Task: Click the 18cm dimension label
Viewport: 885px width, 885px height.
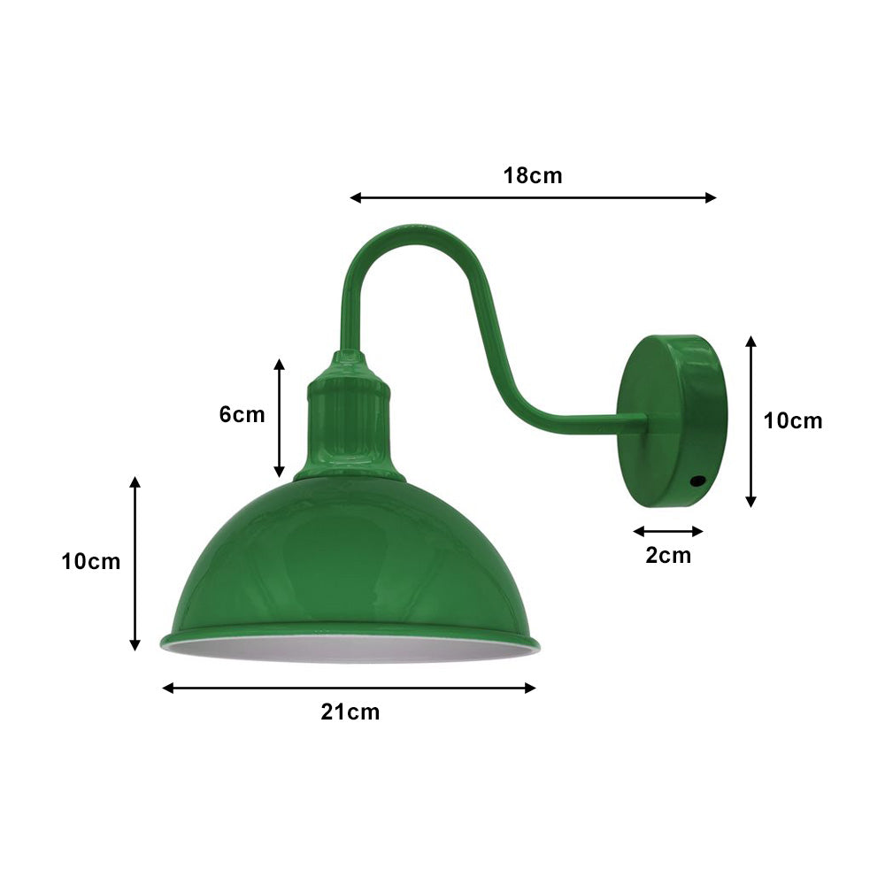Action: [x=533, y=175]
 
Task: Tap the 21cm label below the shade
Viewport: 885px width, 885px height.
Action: [x=350, y=712]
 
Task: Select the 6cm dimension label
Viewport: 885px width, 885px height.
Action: [x=242, y=414]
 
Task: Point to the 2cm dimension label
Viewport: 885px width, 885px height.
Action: [x=668, y=556]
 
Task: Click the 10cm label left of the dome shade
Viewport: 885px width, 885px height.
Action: [x=91, y=561]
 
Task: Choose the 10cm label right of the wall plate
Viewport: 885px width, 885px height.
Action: [x=793, y=421]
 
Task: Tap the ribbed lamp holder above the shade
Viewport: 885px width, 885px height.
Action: [x=349, y=420]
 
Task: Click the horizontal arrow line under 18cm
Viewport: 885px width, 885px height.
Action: [x=533, y=197]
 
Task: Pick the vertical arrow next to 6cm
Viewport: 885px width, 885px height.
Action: [x=280, y=418]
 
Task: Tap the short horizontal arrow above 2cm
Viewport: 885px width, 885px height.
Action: [x=668, y=531]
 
